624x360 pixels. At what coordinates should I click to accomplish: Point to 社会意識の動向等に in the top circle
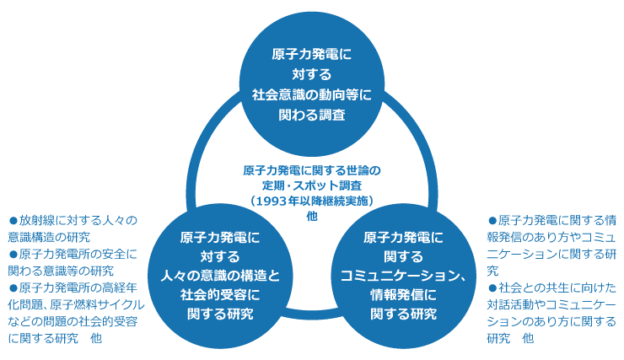[312, 94]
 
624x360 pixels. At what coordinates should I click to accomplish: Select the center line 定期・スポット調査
[312, 185]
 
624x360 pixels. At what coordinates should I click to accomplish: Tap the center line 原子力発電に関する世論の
[312, 169]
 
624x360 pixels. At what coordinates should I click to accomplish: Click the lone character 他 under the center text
[312, 216]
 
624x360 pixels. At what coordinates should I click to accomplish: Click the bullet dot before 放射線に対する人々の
[12, 220]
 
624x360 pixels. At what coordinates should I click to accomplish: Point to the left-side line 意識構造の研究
[50, 237]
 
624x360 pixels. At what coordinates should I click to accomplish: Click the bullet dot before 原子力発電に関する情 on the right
[492, 220]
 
